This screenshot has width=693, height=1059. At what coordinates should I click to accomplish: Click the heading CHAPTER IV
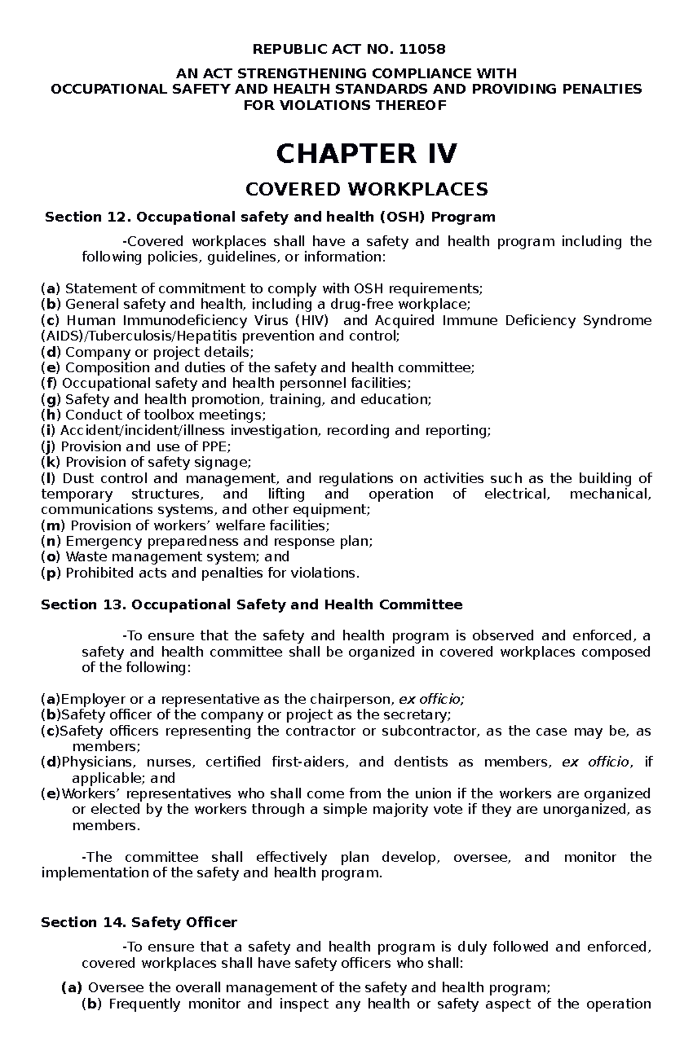[367, 154]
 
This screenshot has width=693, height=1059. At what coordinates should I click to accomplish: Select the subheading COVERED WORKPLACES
[367, 189]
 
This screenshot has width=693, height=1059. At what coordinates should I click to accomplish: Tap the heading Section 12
[270, 217]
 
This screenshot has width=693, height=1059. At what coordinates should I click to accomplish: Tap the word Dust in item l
[79, 478]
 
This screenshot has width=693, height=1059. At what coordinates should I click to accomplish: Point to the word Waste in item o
[85, 557]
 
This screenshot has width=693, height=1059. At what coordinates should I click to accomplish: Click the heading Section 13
[252, 605]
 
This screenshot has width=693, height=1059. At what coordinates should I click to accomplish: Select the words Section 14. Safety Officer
[139, 923]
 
